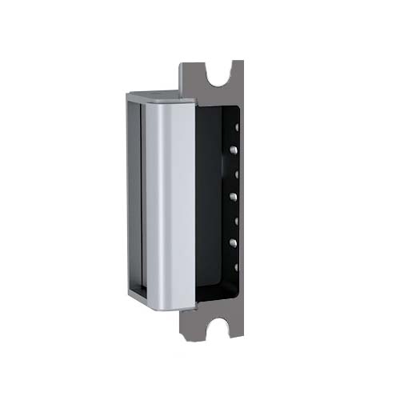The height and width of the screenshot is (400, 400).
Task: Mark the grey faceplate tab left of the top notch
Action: click(193, 73)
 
